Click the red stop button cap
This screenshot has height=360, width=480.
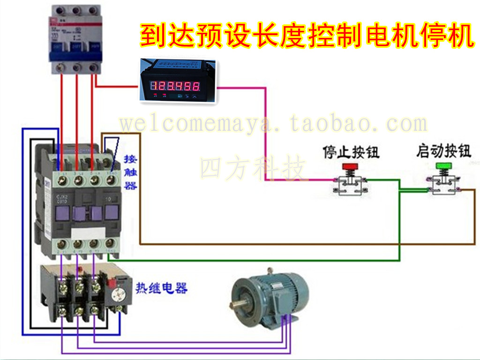[349, 166]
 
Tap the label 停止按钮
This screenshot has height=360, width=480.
[351, 152]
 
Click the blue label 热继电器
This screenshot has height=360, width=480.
[162, 288]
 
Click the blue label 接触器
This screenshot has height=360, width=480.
[130, 172]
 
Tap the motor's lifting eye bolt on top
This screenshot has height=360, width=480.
[270, 271]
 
